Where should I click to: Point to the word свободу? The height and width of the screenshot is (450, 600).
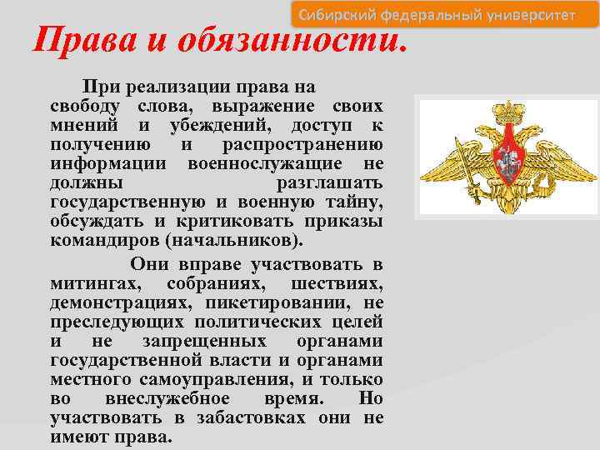87,107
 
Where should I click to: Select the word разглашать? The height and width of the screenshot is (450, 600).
329,182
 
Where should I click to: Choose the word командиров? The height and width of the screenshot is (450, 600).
104,239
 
